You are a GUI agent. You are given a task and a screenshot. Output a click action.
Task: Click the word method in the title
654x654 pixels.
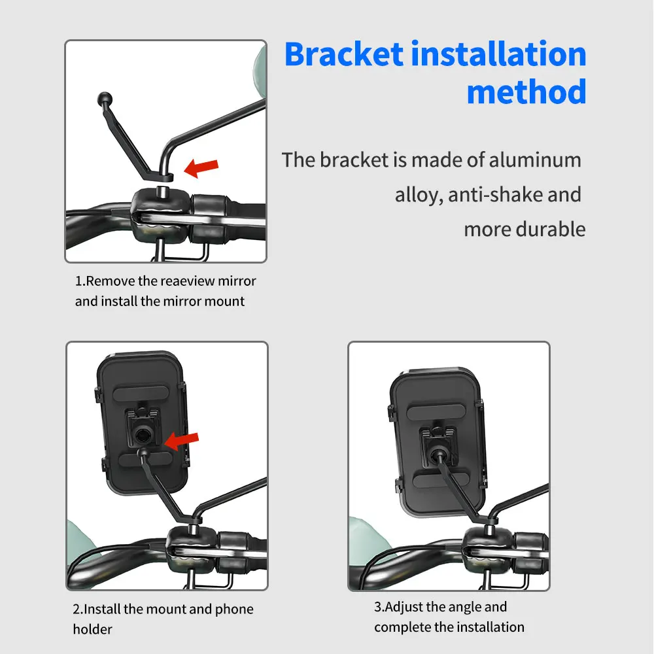[526, 92]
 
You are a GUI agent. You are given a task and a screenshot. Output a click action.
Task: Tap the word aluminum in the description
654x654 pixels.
[535, 160]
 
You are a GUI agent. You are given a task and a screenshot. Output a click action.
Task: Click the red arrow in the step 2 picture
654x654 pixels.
[181, 440]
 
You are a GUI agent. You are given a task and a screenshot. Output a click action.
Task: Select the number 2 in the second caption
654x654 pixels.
[76, 610]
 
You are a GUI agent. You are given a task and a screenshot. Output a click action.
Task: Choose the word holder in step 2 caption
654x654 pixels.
[92, 629]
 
